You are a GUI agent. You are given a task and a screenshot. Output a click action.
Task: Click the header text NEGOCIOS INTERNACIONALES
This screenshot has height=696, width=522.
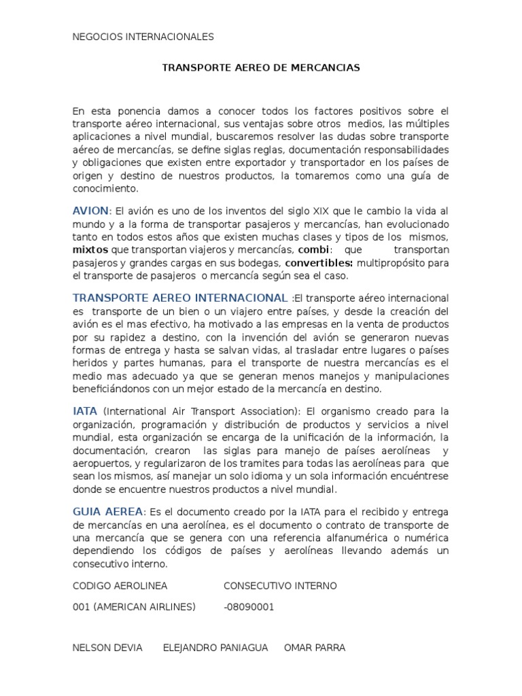(x=143, y=37)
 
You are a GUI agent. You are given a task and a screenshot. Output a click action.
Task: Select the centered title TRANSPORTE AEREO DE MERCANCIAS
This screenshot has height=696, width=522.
(x=261, y=68)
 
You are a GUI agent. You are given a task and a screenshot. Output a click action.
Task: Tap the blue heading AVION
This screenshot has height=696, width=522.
(x=90, y=211)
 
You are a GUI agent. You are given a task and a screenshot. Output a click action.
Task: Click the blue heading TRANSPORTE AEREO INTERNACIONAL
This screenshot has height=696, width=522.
(x=179, y=298)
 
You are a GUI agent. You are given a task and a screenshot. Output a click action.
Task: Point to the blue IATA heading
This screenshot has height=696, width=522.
(x=84, y=411)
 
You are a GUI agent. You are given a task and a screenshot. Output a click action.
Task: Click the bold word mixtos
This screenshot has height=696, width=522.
(x=90, y=249)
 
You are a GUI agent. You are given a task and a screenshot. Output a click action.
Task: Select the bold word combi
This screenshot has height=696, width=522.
(x=300, y=249)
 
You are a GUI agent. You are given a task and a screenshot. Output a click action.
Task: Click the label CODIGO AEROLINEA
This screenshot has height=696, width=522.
(x=120, y=585)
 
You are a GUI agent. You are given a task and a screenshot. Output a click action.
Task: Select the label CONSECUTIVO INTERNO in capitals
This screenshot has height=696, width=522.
(x=280, y=585)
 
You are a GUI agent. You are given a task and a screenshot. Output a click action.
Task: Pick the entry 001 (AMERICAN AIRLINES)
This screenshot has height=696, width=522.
(x=134, y=607)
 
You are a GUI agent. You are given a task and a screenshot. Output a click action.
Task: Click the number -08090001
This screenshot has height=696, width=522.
(x=249, y=607)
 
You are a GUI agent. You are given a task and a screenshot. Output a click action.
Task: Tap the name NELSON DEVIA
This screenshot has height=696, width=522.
(x=107, y=648)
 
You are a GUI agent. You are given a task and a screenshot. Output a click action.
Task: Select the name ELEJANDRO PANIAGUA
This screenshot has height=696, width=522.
(x=215, y=648)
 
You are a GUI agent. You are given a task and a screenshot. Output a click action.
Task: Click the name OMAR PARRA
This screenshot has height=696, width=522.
(x=315, y=648)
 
